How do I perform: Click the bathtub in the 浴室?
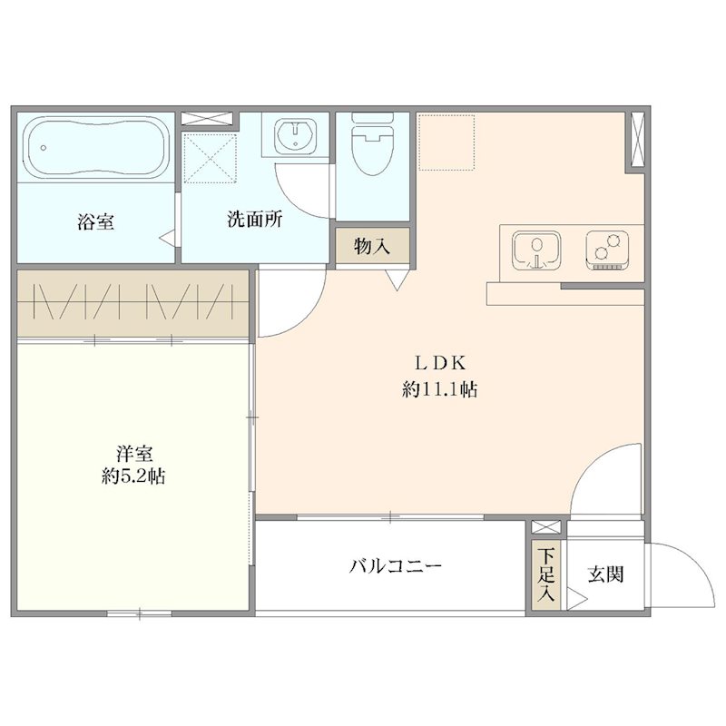pyautogui.click(x=94, y=148)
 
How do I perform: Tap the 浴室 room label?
pyautogui.click(x=96, y=221)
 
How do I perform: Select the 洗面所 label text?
pyautogui.click(x=253, y=221)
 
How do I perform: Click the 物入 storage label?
pyautogui.click(x=372, y=247)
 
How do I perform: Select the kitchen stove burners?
pyautogui.click(x=608, y=249)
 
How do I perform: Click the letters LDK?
pyautogui.click(x=440, y=364)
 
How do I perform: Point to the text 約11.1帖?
pyautogui.click(x=440, y=391)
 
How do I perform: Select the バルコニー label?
pyautogui.click(x=397, y=567)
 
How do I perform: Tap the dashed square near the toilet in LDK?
pyautogui.click(x=446, y=142)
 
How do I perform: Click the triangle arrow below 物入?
pyautogui.click(x=397, y=281)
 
